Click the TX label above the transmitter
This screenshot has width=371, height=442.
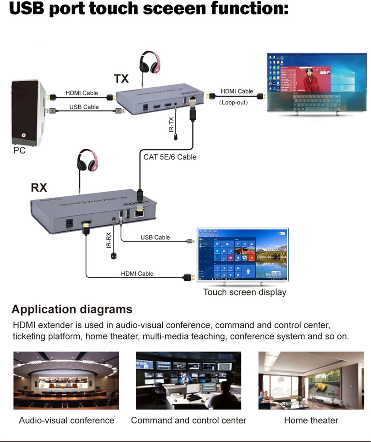coord(121,79)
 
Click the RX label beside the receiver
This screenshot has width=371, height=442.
coord(39,188)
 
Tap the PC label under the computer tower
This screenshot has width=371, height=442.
coord(19,151)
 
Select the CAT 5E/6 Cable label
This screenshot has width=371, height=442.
coord(170,157)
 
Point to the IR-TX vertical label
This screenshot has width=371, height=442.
coord(171,125)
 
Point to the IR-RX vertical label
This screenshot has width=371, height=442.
coord(109,240)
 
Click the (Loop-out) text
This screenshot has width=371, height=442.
coord(233,103)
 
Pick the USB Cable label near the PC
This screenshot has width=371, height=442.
coord(84,107)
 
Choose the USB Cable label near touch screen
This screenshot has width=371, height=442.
coord(155,237)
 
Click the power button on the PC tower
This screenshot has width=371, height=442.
coord(23,135)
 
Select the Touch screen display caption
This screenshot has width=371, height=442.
coord(244,292)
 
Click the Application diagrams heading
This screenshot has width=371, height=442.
coord(72,309)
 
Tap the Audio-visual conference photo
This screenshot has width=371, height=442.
coord(66,380)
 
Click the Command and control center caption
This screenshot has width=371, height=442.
coord(188,420)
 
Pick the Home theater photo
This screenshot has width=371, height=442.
coord(311,380)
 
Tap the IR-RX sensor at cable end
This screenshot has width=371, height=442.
coord(114,256)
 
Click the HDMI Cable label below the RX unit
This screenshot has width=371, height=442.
coord(137,273)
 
